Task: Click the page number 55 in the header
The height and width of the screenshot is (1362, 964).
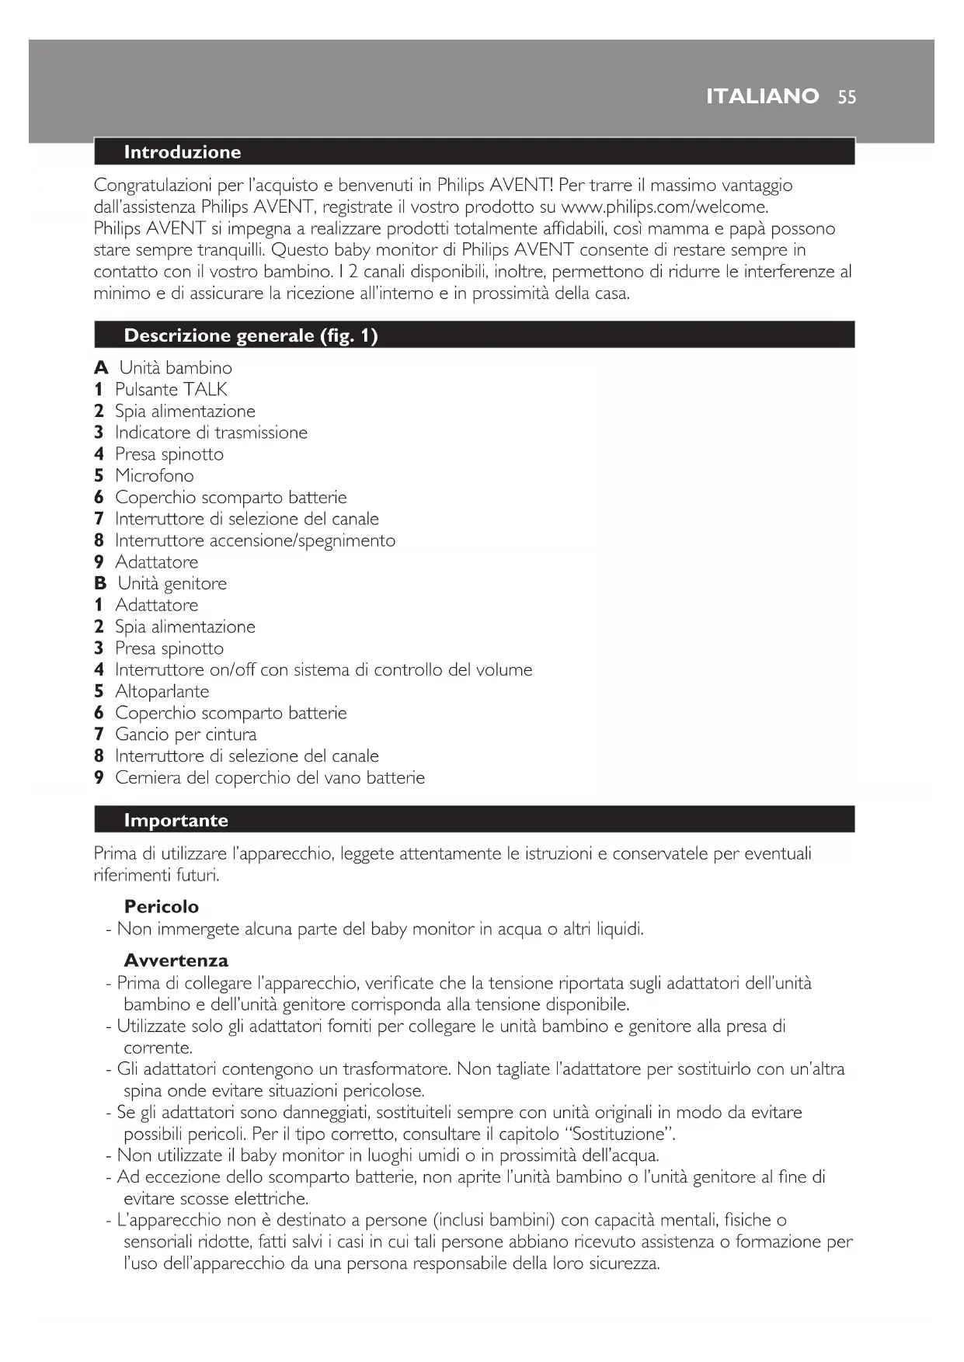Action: (x=847, y=97)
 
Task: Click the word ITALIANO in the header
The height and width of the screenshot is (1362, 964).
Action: (x=762, y=96)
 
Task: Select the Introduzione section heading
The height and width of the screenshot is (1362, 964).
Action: (x=183, y=152)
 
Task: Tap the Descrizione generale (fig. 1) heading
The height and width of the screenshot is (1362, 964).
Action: (x=250, y=335)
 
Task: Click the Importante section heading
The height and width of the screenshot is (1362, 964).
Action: (x=176, y=821)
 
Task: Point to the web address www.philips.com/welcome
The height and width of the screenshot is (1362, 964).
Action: (x=664, y=207)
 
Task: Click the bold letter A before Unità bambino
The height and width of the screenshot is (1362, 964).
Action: (x=101, y=368)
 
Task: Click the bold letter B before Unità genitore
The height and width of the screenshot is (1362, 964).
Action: (x=100, y=584)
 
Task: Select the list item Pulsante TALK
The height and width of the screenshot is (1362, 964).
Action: (x=171, y=390)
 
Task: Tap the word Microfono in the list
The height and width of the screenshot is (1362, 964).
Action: (x=155, y=476)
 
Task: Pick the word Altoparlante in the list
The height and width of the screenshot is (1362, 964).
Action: (x=162, y=692)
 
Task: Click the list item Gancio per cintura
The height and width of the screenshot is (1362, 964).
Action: (x=186, y=735)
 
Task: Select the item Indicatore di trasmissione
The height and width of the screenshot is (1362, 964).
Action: (x=211, y=433)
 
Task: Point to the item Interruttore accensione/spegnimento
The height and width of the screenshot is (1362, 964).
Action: (x=255, y=540)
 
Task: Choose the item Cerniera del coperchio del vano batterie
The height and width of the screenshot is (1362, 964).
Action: (x=270, y=778)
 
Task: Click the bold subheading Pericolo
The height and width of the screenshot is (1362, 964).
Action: (x=162, y=907)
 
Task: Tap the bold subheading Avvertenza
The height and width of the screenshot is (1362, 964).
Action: (x=176, y=961)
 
